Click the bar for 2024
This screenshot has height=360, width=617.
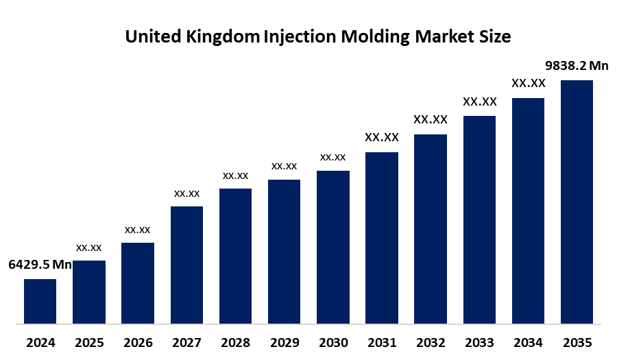(x=40, y=301)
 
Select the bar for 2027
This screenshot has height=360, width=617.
(x=186, y=265)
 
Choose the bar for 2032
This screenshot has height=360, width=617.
(x=431, y=228)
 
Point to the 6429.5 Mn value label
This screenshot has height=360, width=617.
(x=40, y=265)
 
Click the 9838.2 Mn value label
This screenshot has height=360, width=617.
(x=577, y=66)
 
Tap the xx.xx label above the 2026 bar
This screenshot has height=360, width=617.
(x=137, y=230)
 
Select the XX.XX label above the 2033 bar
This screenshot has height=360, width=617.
(x=479, y=101)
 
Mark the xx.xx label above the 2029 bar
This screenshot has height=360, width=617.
(x=284, y=166)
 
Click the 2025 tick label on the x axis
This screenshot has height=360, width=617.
(x=88, y=342)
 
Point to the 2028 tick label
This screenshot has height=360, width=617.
(x=235, y=342)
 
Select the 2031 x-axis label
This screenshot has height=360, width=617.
(x=381, y=342)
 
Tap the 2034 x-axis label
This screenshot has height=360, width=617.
(x=528, y=342)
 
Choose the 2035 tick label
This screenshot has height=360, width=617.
(x=577, y=342)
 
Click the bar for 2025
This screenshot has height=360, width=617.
(x=88, y=292)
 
